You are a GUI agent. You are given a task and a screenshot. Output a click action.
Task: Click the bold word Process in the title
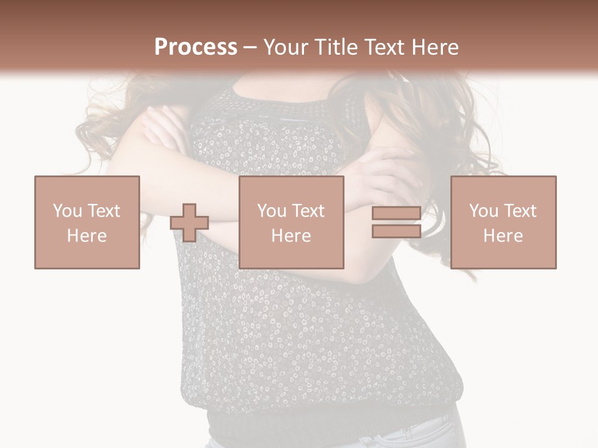[196, 47]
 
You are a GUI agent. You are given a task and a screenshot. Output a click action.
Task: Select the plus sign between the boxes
[189, 222]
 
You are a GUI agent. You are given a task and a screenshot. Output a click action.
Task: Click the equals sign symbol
[396, 222]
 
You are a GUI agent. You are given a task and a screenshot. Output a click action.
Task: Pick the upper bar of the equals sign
[396, 213]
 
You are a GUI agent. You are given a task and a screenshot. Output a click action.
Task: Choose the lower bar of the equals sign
[396, 231]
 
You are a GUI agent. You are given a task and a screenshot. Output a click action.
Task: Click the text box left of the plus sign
[87, 222]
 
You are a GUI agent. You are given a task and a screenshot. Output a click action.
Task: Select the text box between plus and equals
[292, 222]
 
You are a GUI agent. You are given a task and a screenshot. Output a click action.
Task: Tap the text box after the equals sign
[503, 222]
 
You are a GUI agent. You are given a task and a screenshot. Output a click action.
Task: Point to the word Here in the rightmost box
[503, 236]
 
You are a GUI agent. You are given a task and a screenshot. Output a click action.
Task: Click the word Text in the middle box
[308, 211]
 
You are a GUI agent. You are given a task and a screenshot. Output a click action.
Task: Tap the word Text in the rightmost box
[520, 211]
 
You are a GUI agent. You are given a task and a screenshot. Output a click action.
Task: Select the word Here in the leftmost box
[87, 236]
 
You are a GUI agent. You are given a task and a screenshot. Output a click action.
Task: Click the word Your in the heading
[285, 47]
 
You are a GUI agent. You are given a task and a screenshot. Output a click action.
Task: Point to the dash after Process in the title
[250, 47]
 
